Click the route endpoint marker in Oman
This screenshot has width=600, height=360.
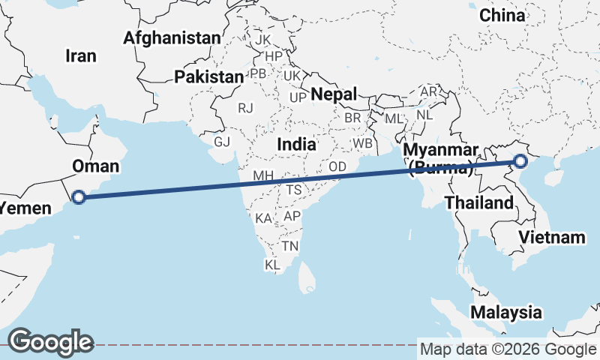pos(79,198)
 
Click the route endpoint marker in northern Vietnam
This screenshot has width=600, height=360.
pos(520,161)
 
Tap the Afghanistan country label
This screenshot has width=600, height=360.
pos(172,37)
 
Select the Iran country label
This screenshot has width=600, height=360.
pos(81,55)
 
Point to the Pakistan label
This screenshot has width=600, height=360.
pos(208,76)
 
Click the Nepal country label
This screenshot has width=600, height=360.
pos(334,94)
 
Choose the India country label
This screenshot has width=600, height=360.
pos(296,143)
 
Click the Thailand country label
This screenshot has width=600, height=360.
pos(478,202)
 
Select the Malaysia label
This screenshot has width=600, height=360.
pos(505,312)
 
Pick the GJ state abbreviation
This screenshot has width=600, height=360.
pos(222,142)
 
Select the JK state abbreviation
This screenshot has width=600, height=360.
pos(262,39)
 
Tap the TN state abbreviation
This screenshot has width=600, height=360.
pos(290,246)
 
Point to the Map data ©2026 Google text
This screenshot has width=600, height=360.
pos(508,349)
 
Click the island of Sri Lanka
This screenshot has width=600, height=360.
pos(307,279)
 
